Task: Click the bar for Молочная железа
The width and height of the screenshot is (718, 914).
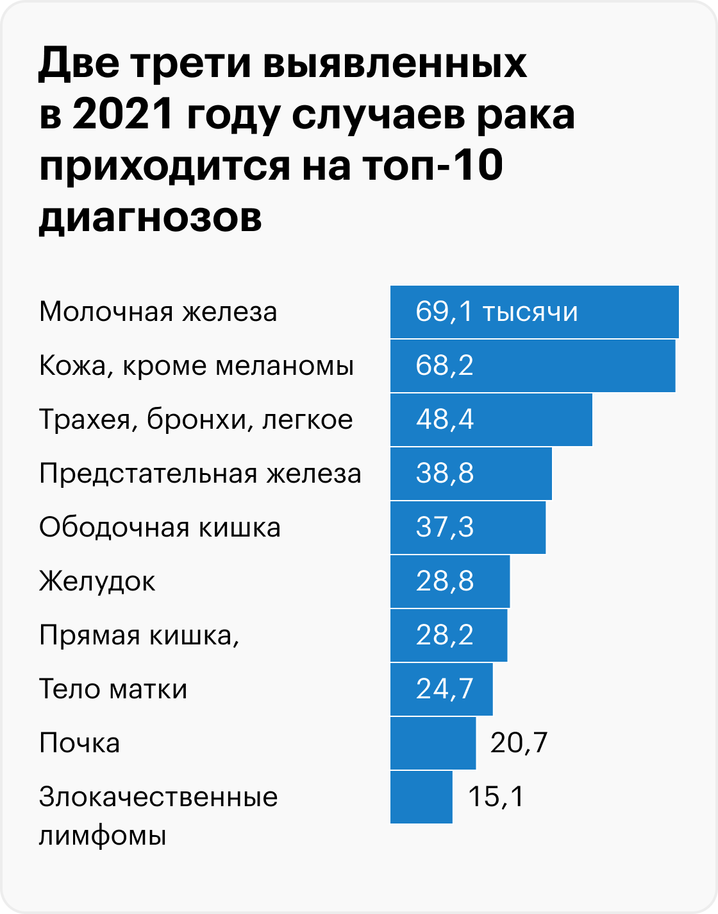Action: pos(534,312)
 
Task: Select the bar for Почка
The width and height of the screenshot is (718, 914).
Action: pos(433,743)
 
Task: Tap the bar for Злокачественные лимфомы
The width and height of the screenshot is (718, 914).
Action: pos(421,797)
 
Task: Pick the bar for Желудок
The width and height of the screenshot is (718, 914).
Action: pos(449,582)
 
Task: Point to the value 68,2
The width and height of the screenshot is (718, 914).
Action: pos(444,366)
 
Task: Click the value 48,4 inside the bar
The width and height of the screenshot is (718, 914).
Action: pos(444,420)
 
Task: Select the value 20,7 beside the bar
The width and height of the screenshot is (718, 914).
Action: pos(519,743)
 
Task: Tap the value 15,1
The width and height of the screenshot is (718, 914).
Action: pos(496,797)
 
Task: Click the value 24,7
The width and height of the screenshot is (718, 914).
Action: pos(444,689)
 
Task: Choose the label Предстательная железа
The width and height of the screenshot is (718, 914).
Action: pos(200,474)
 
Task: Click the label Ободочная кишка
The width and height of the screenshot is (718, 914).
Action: pos(160,528)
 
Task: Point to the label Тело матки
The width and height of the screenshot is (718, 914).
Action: pos(113,689)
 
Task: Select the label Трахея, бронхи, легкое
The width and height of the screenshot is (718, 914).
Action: pos(196,420)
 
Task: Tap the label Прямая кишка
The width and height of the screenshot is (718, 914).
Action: pos(139,635)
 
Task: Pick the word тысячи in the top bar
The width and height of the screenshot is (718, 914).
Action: pos(530,312)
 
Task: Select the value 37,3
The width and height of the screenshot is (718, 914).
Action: pos(444,528)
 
